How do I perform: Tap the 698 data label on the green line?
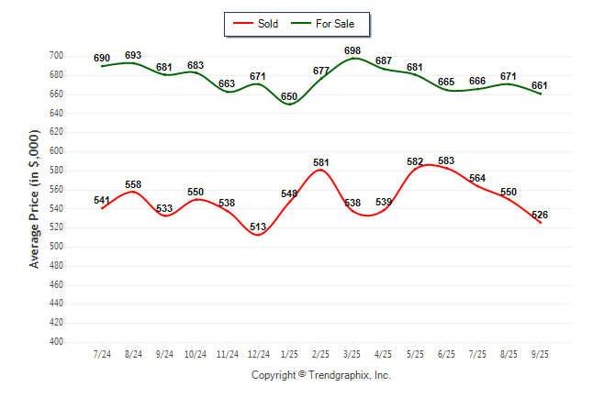pos(352,50)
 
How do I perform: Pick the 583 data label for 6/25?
pos(446,161)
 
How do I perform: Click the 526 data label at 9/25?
pos(540,216)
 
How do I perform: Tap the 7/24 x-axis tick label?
pos(102,354)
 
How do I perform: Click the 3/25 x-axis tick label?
pos(352,354)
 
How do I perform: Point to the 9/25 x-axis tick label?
pos(540,354)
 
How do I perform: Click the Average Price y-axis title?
pos(35,199)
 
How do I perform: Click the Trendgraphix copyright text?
pos(320,375)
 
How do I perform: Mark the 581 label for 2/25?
pos(321,163)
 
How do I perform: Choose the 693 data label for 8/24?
pos(133,56)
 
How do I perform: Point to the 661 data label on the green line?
pos(540,86)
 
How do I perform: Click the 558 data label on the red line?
pos(133,184)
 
